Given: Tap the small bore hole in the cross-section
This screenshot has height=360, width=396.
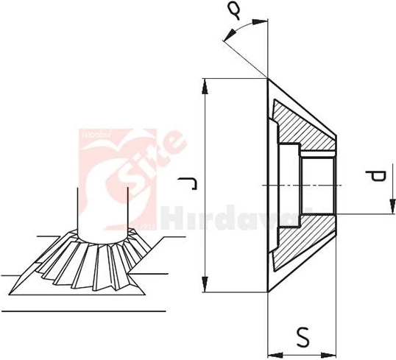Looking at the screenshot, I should point(319,183).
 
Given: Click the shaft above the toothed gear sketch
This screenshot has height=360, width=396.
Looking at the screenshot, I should point(103,213).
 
